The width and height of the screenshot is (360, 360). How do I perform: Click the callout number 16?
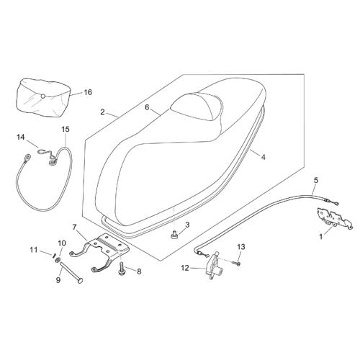point(88,92)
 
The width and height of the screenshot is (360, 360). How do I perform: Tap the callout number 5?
point(316,180)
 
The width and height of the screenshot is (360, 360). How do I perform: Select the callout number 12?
point(185,268)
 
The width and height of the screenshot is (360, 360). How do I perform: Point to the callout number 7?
point(74,227)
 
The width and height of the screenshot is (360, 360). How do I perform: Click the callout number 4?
point(264,157)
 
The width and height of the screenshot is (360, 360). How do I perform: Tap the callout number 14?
point(21,138)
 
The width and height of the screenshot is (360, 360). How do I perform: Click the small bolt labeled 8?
point(122,269)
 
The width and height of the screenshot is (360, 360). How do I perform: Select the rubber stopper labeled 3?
point(174,234)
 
